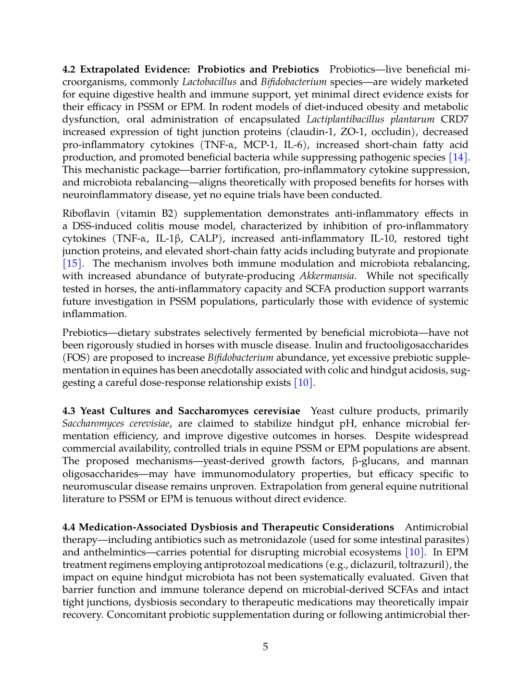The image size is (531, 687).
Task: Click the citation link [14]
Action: point(458,157)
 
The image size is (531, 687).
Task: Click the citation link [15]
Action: point(72,263)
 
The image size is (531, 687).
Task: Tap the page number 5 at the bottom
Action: point(265,647)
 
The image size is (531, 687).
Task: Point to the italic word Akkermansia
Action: point(327,276)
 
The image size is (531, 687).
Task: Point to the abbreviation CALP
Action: point(205,238)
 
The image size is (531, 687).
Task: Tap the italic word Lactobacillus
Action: point(209,82)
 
